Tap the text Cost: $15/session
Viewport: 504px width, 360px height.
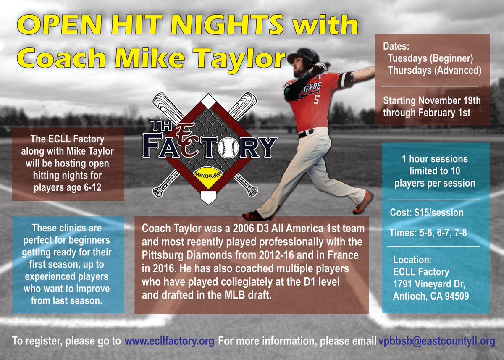point(427,213)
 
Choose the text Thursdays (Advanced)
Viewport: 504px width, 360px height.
point(434,70)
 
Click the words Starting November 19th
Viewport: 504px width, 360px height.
point(432,101)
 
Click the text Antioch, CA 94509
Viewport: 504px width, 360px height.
point(431,296)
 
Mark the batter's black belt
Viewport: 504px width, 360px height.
point(306,134)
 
